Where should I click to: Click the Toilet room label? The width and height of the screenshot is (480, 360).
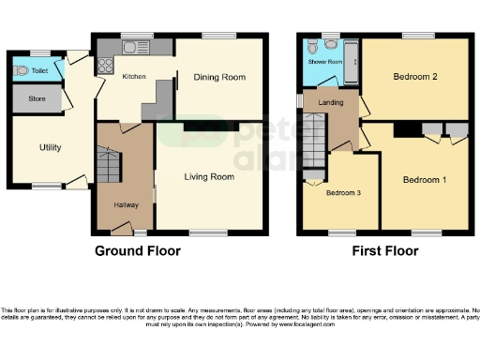(38, 69)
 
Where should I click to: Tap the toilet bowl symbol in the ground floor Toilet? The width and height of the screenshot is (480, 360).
(21, 69)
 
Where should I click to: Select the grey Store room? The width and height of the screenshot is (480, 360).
(37, 97)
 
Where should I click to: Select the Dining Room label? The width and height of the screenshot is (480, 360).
(219, 77)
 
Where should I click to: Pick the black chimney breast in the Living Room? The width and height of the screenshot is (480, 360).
(197, 125)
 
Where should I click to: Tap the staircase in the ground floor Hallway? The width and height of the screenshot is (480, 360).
(109, 167)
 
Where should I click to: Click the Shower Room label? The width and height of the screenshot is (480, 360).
(325, 63)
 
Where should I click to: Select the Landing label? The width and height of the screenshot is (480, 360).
(329, 103)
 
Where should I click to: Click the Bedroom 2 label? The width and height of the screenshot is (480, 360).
(414, 77)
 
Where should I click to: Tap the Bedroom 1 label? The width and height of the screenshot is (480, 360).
(425, 178)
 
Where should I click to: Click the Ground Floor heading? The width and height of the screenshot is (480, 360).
(138, 251)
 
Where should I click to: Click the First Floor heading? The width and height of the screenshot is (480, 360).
(385, 251)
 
